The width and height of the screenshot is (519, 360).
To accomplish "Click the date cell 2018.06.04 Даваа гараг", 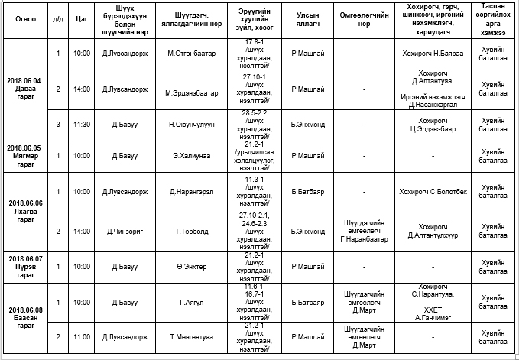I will [24, 84].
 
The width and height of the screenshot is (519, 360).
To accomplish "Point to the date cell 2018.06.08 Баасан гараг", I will [24, 316].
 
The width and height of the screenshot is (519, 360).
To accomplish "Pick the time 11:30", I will [82, 124].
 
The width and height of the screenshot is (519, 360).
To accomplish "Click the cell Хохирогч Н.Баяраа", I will [433, 54].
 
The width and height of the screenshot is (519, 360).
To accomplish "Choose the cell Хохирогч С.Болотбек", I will [433, 191].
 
